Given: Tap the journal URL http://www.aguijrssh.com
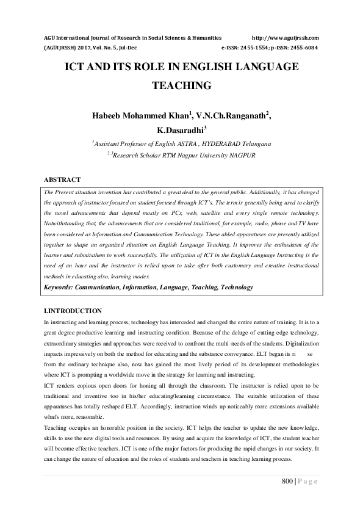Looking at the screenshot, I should (x=286, y=37).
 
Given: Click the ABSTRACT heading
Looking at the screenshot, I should (x=62, y=179).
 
